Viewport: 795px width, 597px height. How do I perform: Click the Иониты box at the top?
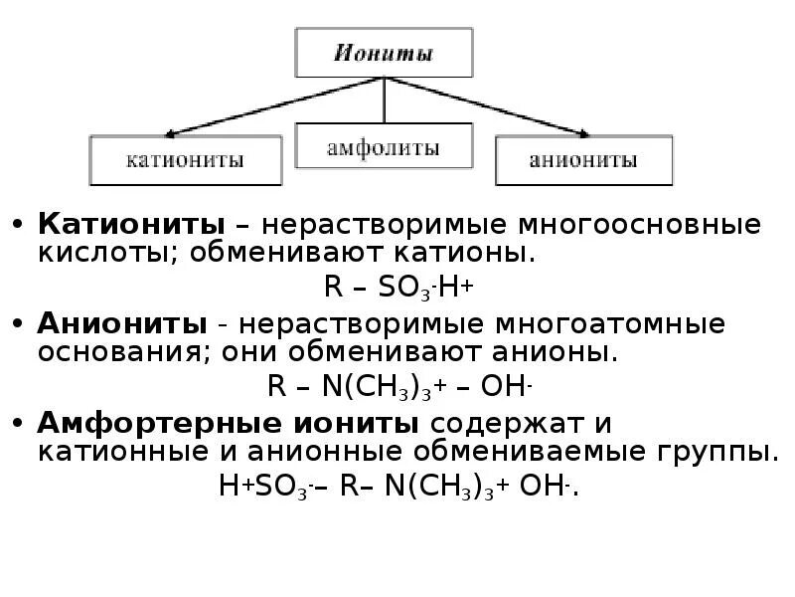[384, 53]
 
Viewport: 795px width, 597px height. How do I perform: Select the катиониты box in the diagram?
[185, 160]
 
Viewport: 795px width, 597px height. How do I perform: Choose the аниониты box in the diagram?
[583, 160]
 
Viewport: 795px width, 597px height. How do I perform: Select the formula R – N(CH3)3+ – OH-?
[397, 386]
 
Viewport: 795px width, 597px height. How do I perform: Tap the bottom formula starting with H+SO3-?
[397, 488]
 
